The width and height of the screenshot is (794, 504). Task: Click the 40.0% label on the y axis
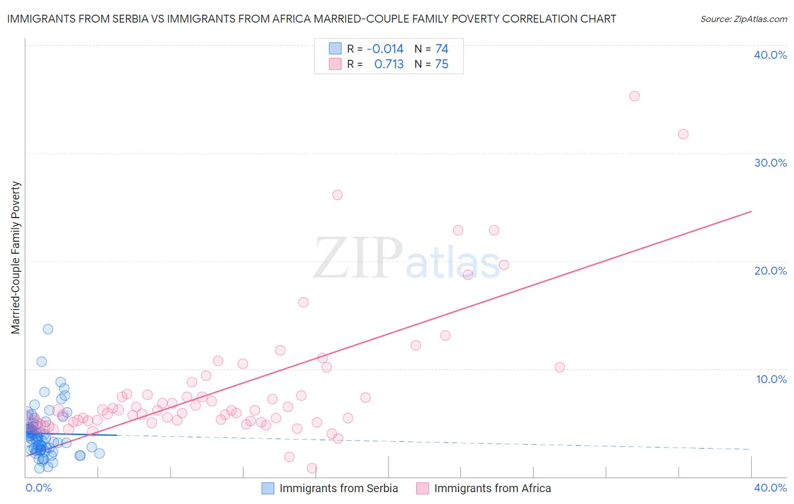[770, 55]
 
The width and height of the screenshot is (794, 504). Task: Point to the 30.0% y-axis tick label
[770, 163]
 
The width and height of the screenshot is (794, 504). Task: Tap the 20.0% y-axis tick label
[770, 271]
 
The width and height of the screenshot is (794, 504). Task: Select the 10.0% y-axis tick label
[771, 379]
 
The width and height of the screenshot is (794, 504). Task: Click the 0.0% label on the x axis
[38, 488]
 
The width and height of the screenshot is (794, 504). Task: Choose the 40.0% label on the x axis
[770, 488]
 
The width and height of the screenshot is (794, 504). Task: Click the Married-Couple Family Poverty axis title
[16, 258]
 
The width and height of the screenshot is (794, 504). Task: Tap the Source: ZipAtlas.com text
[743, 19]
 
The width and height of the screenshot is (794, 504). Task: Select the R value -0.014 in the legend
[385, 49]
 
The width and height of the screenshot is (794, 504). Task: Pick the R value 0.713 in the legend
[389, 64]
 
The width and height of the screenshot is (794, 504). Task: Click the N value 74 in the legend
[442, 49]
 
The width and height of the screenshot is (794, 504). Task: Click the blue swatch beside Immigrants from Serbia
[268, 488]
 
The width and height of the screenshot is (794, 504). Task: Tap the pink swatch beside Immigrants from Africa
[422, 488]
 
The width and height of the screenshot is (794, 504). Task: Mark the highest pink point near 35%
[634, 96]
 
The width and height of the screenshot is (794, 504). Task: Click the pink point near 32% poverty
[683, 134]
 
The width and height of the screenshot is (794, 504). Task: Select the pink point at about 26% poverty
[337, 195]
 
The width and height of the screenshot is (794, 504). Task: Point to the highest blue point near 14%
[48, 329]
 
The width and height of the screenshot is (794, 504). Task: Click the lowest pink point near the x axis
[312, 468]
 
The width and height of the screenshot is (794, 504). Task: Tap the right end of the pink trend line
[751, 211]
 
